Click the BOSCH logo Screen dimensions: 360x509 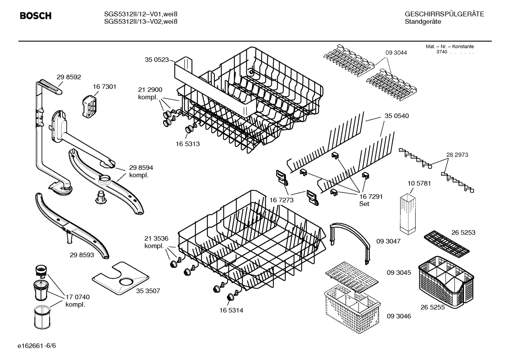36,16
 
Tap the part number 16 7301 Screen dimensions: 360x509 104,87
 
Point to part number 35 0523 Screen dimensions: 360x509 157,60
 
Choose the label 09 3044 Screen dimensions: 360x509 396,53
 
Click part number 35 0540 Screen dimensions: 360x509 397,116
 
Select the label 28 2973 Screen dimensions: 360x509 457,155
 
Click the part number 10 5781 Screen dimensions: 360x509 419,183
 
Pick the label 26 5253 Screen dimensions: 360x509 463,232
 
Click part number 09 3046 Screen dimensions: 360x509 399,316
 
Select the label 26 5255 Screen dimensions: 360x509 433,307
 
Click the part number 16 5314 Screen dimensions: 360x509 231,311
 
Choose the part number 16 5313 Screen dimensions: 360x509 188,144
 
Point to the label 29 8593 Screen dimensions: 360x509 82,254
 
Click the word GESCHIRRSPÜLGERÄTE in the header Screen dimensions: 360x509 444,14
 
